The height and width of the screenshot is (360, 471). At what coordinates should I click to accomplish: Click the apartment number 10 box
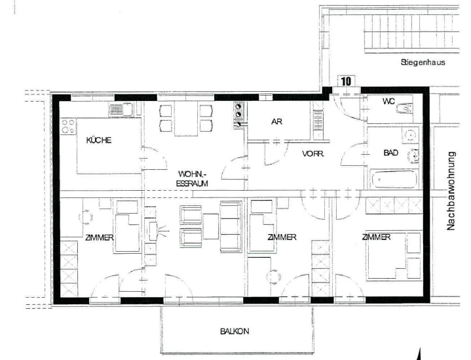(x=347, y=81)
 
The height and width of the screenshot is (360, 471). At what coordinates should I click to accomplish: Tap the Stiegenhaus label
(x=423, y=62)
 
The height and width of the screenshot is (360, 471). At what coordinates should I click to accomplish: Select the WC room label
(x=388, y=102)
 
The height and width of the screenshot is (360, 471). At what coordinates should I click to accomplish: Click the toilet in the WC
(x=405, y=108)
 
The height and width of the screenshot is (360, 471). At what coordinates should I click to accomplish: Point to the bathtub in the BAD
(x=394, y=179)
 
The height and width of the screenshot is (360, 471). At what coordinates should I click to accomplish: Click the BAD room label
(x=391, y=153)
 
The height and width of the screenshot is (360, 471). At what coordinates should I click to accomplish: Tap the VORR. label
(x=313, y=153)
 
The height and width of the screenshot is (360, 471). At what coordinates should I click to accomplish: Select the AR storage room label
(x=276, y=122)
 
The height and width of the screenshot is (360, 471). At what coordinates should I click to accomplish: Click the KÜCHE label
(x=99, y=140)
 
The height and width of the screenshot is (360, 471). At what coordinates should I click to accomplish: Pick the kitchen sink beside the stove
(x=121, y=110)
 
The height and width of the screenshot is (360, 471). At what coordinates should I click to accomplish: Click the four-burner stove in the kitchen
(x=68, y=127)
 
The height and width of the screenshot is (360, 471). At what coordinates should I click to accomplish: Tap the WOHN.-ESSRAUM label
(x=192, y=178)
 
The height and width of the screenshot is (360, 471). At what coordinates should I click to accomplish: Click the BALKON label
(x=235, y=331)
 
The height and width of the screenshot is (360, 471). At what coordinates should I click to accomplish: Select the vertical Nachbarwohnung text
(x=451, y=191)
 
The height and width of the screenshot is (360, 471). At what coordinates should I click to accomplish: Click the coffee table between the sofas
(x=211, y=226)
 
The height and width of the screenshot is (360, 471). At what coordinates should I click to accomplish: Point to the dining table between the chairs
(x=185, y=118)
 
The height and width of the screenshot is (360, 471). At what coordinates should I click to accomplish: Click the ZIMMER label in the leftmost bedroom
(x=100, y=237)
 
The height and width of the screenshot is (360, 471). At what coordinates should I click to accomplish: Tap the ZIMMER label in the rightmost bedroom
(x=377, y=237)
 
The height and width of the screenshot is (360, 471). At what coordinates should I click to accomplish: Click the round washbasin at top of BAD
(x=410, y=135)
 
